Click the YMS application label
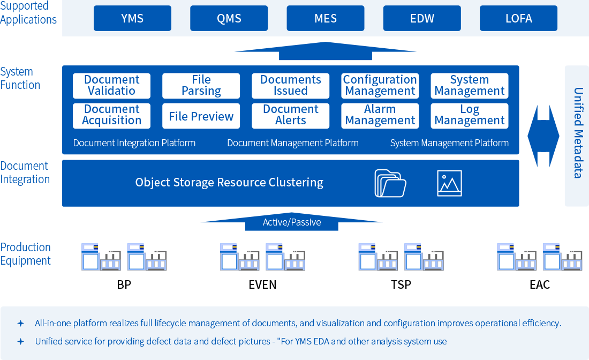point(132,19)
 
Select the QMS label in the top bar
point(229,19)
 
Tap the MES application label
point(326,19)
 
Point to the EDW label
point(422,19)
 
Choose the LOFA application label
point(519,19)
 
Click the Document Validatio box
point(111,86)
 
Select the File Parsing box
point(201,86)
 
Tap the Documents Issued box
point(291,86)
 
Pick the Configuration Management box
point(380,86)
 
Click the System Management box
point(470,86)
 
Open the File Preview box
point(201,116)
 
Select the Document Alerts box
point(291,115)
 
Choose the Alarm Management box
point(380,115)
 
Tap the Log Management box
point(470,115)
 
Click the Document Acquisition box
point(111,115)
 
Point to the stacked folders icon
point(390,183)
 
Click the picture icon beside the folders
point(449,183)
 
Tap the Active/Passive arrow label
point(292,222)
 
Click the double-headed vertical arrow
point(543,136)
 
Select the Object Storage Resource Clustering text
point(229,183)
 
